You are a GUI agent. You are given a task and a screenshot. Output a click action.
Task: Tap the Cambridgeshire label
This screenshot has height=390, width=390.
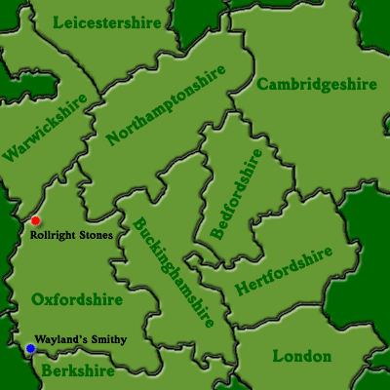coord(317,85)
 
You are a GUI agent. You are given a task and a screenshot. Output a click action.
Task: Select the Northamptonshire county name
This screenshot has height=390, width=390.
coord(167,105)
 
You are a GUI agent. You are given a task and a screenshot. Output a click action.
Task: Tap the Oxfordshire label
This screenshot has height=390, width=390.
coord(77,298)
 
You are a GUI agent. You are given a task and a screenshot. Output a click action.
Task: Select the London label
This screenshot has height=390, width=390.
coord(302,356)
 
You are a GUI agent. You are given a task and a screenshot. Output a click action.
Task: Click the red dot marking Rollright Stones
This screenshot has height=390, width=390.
coord(36,220)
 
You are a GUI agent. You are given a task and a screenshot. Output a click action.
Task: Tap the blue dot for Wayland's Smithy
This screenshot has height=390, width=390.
coord(30,348)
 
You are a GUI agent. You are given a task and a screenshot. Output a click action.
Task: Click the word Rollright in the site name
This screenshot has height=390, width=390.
coord(56,235)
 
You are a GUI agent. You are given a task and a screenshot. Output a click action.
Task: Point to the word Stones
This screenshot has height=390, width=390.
coord(97,235)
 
